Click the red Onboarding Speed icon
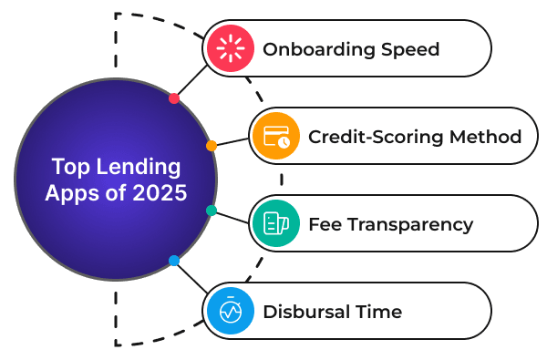click(x=229, y=48)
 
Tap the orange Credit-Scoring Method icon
click(x=275, y=137)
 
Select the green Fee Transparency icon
click(x=275, y=223)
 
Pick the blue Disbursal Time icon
click(x=229, y=312)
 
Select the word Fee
click(x=325, y=224)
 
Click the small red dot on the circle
click(x=174, y=98)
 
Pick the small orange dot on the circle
click(x=211, y=146)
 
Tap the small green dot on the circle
click(x=212, y=211)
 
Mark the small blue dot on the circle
click(x=174, y=261)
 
